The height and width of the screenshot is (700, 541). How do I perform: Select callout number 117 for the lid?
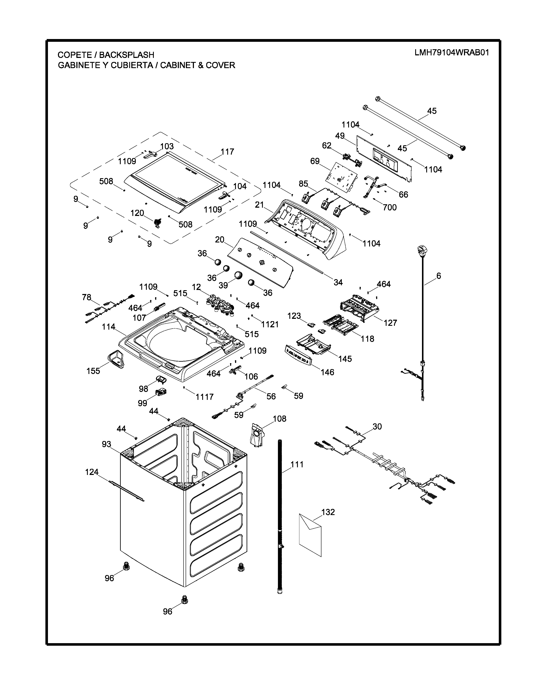pos(227,152)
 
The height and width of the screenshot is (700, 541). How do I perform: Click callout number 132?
pos(328,512)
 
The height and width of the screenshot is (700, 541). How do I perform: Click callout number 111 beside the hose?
pos(297,464)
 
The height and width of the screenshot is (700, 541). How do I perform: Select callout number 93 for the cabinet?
pos(107,444)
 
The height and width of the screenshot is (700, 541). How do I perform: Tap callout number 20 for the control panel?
pos(220,240)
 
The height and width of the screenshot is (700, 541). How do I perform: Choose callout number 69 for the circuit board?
pos(315,161)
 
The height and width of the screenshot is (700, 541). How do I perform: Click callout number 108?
pos(279,419)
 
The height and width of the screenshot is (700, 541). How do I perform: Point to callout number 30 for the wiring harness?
pos(377,427)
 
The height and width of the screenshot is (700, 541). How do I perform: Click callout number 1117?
pos(205,397)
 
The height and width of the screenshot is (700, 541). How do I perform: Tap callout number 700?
pos(390,207)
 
